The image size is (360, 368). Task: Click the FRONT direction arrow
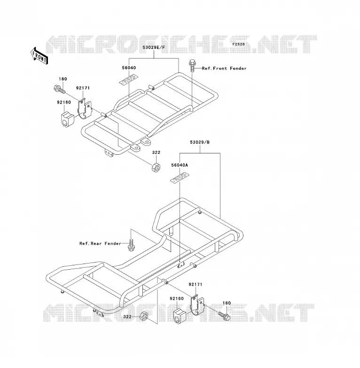tap(39, 56)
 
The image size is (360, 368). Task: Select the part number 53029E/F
tap(154, 48)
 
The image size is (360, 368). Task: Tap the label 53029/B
tap(200, 142)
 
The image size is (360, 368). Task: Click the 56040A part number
tap(180, 165)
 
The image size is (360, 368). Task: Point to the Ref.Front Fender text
tap(224, 68)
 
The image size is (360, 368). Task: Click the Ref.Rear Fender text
tap(100, 243)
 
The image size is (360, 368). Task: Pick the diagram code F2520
tap(239, 44)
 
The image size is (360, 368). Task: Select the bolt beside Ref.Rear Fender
tap(131, 245)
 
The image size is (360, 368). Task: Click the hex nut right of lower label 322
tap(143, 316)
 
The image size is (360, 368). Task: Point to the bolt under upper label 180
tap(59, 89)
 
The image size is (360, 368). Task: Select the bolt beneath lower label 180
tap(224, 316)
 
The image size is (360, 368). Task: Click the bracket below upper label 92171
tap(85, 109)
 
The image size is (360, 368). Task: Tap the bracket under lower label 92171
tap(197, 304)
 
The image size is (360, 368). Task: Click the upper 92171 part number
tap(83, 88)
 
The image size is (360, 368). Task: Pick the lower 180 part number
tap(227, 303)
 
